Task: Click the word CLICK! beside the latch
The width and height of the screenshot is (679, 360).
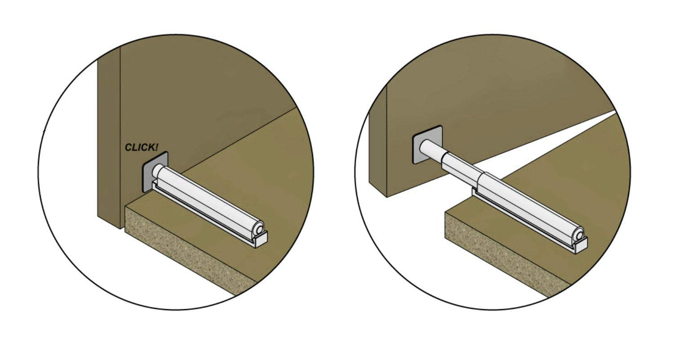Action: point(141,148)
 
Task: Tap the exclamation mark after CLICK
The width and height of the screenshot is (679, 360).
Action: point(156,148)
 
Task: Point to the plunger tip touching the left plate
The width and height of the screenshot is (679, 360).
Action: point(157,171)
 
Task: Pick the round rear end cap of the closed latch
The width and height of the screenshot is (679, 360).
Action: point(258,229)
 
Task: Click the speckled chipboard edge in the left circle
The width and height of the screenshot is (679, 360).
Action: point(188,249)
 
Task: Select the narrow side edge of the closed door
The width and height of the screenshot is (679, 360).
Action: point(109,136)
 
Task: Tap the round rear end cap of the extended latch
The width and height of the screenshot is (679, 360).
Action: point(578,235)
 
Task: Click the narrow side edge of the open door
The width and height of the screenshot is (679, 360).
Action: point(378,142)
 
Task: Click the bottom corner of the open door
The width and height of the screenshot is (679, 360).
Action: point(387,197)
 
